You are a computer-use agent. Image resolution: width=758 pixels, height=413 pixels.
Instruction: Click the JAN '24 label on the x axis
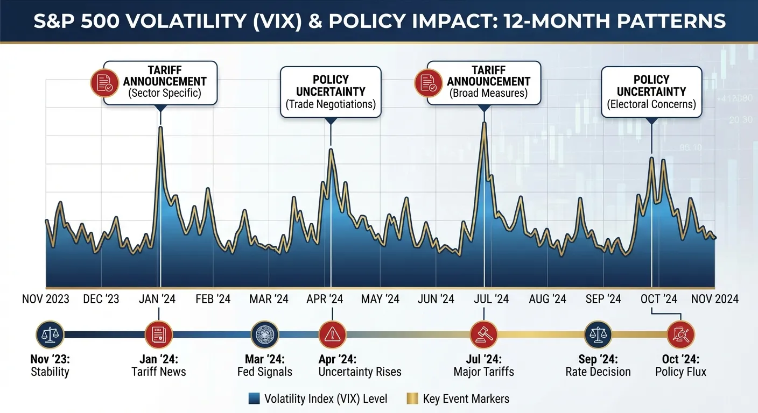pyautogui.click(x=157, y=299)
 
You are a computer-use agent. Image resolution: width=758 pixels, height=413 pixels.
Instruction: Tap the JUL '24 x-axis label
pyautogui.click(x=490, y=299)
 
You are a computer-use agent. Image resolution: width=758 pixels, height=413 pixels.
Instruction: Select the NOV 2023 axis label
pyautogui.click(x=46, y=299)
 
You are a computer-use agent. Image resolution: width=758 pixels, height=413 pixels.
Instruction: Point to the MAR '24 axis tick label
pyautogui.click(x=269, y=299)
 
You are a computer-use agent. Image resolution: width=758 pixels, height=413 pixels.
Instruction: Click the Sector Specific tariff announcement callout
pyautogui.click(x=160, y=82)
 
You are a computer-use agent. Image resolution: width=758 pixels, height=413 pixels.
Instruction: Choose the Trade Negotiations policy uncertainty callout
pyautogui.click(x=331, y=92)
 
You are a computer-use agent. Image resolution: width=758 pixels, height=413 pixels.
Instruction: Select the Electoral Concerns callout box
pyautogui.click(x=651, y=92)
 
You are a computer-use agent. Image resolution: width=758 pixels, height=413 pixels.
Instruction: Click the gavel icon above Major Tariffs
pyautogui.click(x=484, y=334)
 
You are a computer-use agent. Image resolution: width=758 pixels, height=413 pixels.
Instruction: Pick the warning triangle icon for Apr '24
pyautogui.click(x=333, y=334)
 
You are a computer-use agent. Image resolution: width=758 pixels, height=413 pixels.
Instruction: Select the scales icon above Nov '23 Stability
pyautogui.click(x=50, y=334)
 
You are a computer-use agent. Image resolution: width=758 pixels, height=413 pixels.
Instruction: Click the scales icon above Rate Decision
pyautogui.click(x=598, y=334)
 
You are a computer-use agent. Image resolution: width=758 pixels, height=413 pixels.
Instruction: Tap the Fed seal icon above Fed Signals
pyautogui.click(x=265, y=334)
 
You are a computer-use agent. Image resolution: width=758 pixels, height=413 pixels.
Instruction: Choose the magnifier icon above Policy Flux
pyautogui.click(x=680, y=334)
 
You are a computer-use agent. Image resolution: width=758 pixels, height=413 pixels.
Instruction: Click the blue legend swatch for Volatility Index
pyautogui.click(x=254, y=398)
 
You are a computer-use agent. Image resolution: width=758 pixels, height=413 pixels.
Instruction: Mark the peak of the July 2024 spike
pyautogui.click(x=485, y=123)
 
